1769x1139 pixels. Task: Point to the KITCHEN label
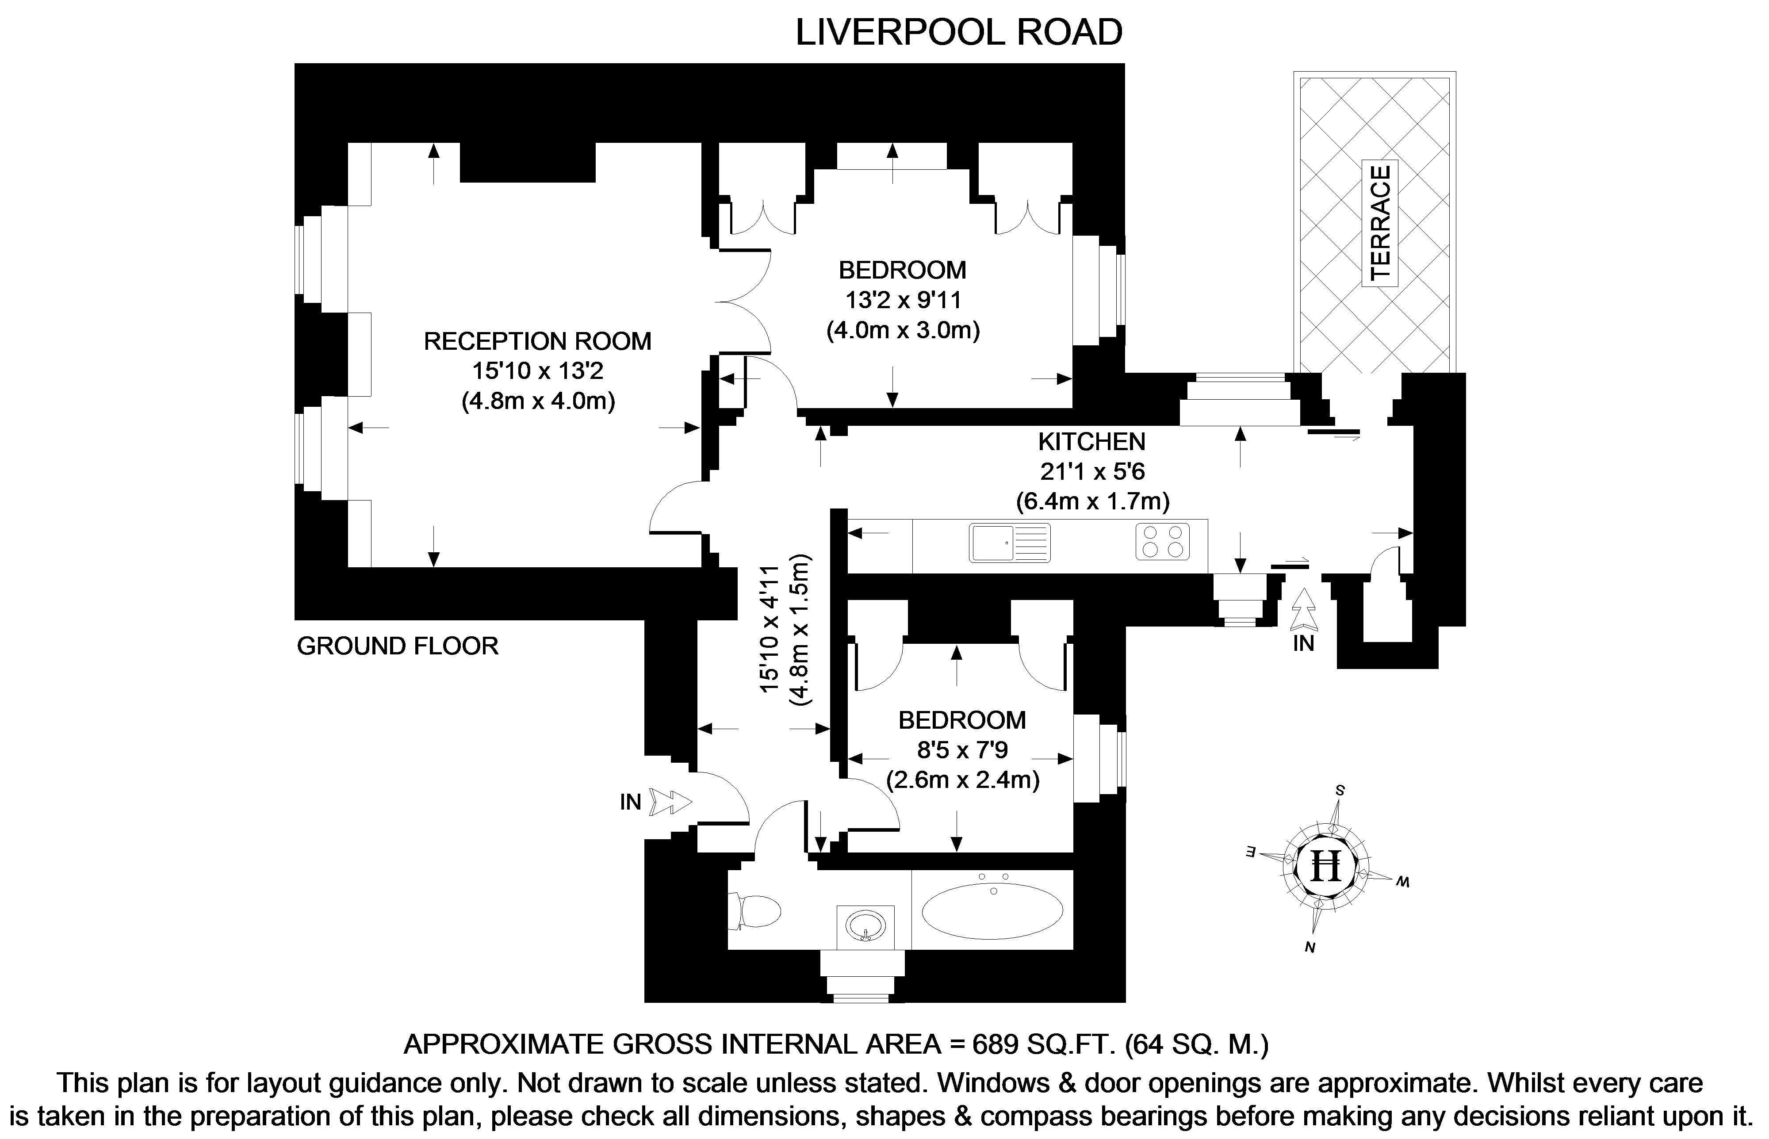click(x=1091, y=442)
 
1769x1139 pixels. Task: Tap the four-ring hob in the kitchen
click(x=1163, y=541)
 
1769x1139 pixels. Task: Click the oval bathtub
click(x=992, y=909)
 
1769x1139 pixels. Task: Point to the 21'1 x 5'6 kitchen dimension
click(x=1092, y=471)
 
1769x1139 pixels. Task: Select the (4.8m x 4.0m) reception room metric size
click(x=538, y=401)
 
